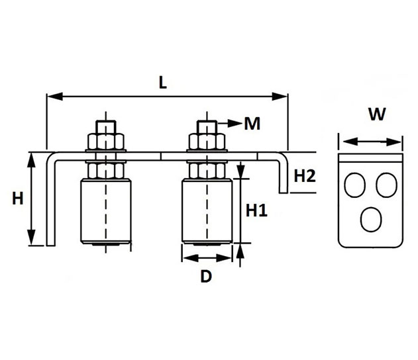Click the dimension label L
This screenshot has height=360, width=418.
point(162,82)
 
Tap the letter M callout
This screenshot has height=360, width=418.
point(252,123)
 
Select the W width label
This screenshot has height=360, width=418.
point(377,114)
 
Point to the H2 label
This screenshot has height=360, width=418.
point(305,176)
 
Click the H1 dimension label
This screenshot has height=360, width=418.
point(256,210)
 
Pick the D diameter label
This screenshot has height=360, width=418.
point(206,276)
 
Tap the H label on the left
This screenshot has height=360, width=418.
point(18,199)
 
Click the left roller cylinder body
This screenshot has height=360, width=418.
point(106,211)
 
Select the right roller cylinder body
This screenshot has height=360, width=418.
point(207,211)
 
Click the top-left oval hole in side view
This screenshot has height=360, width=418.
point(355,185)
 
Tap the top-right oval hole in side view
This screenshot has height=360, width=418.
point(387,185)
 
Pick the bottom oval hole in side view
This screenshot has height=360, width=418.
point(371,220)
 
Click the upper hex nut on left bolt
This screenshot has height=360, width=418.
point(106,142)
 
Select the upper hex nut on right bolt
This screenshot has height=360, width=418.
point(207,142)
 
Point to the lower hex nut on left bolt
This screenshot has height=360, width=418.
point(106,171)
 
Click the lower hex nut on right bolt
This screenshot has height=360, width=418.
point(207,171)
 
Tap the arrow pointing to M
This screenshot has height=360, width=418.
point(229,123)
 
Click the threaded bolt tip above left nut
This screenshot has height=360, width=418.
point(106,127)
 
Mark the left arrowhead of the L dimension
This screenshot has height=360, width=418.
point(54,97)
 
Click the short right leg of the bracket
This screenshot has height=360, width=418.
point(284,176)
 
